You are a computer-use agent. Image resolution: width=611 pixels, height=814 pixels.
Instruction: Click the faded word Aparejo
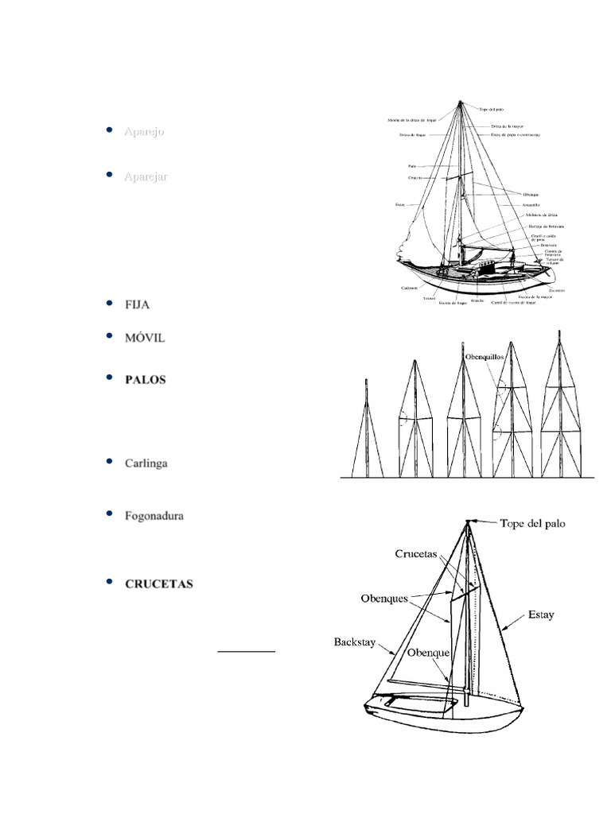click(x=144, y=131)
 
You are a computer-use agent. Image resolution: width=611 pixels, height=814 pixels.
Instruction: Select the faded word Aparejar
click(x=146, y=176)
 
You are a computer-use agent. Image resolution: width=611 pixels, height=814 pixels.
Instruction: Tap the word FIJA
click(x=137, y=304)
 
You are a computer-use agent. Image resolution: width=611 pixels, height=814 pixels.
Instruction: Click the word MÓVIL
click(x=145, y=338)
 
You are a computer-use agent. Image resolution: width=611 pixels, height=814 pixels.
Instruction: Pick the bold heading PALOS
click(x=146, y=379)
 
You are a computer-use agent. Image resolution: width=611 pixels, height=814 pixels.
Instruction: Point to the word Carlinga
click(x=146, y=463)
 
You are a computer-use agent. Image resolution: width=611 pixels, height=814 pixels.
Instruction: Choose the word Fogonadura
click(x=154, y=516)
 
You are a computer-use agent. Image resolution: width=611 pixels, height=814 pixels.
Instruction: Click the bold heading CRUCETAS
click(x=159, y=583)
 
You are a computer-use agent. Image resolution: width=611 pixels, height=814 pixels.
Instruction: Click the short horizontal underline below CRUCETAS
click(x=247, y=651)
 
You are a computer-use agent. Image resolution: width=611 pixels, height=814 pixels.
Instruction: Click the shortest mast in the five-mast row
click(x=365, y=429)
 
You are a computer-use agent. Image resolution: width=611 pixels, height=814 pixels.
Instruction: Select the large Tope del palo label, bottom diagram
click(x=532, y=524)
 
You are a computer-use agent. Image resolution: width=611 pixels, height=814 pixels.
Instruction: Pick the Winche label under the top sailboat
click(x=478, y=301)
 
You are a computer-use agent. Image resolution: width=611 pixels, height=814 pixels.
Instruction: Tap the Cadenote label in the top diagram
click(x=411, y=287)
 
